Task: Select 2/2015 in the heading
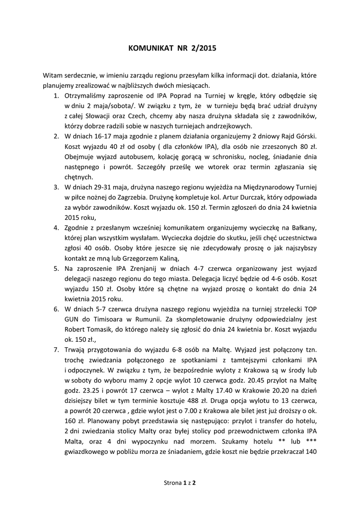[204, 49]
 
